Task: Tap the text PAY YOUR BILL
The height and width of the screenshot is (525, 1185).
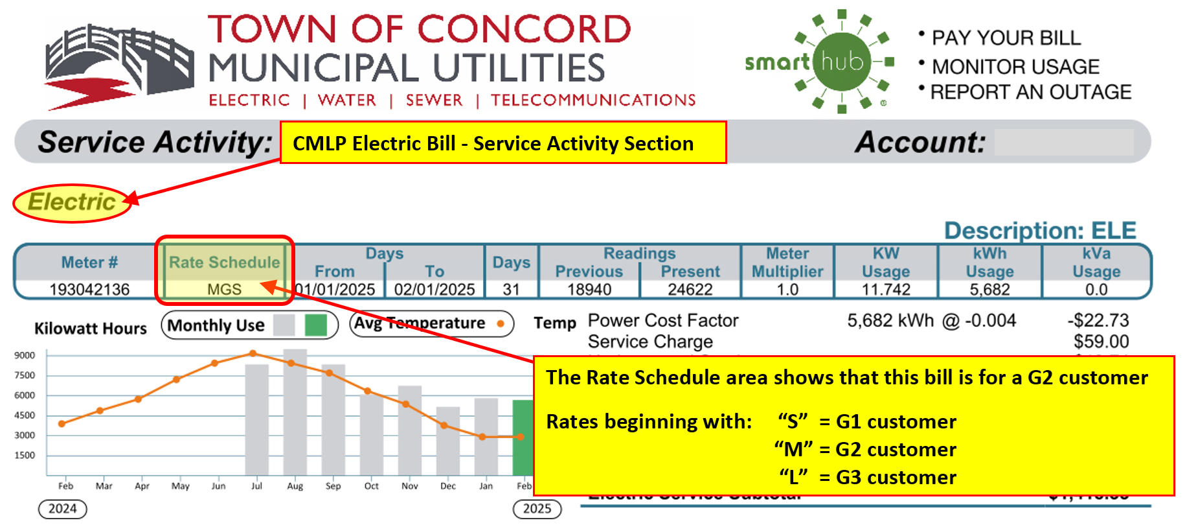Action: click(x=1006, y=38)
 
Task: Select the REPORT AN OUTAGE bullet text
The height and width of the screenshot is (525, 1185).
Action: click(x=1030, y=92)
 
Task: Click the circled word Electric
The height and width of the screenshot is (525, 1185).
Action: click(x=72, y=202)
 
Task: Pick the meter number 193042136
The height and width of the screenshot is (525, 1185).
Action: click(x=89, y=289)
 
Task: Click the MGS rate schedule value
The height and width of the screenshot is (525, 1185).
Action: click(x=224, y=289)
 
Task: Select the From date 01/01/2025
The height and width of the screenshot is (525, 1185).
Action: click(x=335, y=289)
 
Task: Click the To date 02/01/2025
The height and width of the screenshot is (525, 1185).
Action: click(x=435, y=289)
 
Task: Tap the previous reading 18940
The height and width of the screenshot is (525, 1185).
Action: click(x=589, y=289)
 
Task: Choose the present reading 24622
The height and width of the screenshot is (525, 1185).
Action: click(x=690, y=289)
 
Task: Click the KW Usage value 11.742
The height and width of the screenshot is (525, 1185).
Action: click(x=885, y=289)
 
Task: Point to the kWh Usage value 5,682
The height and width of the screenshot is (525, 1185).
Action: click(x=989, y=289)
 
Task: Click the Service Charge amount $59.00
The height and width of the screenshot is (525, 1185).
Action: click(x=1101, y=342)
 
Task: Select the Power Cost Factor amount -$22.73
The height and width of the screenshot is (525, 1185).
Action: click(x=1098, y=320)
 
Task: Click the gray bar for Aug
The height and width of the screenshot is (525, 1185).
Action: click(x=295, y=415)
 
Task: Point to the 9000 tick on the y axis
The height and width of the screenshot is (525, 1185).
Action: click(x=25, y=355)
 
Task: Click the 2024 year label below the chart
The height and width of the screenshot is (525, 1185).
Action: click(x=63, y=509)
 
